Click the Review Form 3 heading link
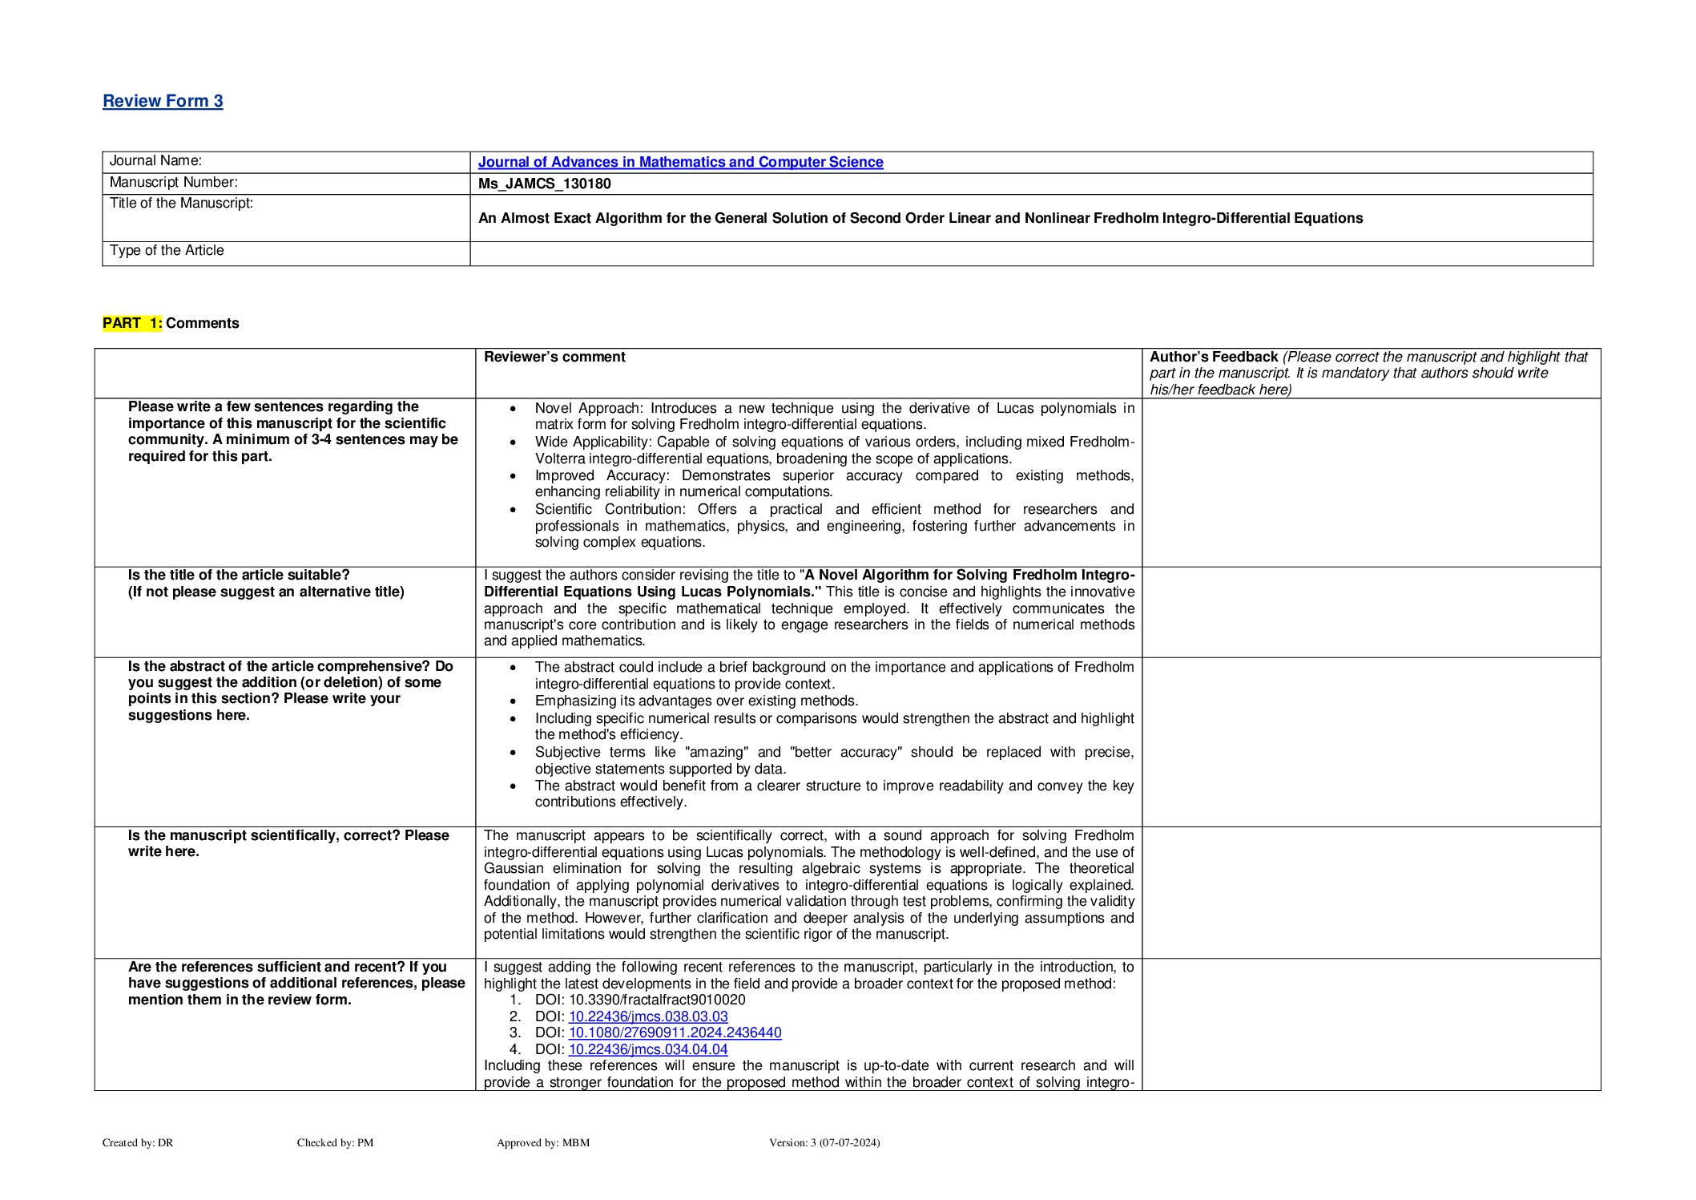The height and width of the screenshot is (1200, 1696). point(163,101)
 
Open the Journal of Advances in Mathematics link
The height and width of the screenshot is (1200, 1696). point(680,162)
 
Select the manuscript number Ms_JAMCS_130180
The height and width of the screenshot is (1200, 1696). point(544,184)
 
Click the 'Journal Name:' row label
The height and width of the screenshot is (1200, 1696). point(155,160)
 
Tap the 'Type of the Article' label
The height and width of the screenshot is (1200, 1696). point(167,250)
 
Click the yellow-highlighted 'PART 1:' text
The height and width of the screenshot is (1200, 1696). point(132,323)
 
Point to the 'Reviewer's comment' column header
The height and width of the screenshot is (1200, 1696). point(554,357)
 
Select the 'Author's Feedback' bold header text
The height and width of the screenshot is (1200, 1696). point(1213,357)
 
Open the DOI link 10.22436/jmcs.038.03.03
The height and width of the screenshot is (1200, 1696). point(648,1016)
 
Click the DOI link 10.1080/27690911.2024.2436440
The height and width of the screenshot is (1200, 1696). point(675,1032)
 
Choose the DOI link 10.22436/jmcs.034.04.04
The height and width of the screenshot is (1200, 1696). point(648,1049)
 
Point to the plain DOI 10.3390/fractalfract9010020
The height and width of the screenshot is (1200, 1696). point(657,1000)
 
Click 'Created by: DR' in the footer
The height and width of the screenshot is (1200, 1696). point(138,1142)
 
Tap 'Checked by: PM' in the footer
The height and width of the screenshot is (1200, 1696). point(335,1142)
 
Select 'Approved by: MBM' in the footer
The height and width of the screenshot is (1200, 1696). point(542,1142)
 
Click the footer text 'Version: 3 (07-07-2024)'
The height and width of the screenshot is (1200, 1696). point(824,1142)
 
